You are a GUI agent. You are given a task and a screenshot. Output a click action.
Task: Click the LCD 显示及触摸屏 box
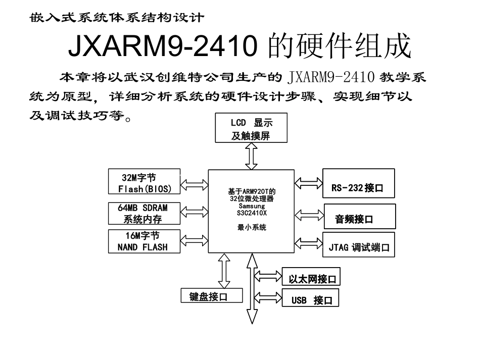251,128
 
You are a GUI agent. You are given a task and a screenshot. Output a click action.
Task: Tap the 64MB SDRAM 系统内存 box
143,213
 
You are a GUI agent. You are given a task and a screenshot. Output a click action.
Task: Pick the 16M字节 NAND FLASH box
143,241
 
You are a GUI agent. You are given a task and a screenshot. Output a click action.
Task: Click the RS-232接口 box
357,187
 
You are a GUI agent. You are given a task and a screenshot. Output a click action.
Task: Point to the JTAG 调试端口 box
358,247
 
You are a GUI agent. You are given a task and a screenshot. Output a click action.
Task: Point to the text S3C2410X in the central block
251,213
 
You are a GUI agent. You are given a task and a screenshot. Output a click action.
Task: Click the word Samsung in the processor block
251,207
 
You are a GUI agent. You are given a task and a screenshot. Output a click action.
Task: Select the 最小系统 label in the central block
251,228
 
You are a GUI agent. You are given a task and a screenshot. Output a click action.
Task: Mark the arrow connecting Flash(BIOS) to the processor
194,184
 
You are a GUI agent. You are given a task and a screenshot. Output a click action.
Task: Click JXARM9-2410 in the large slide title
160,47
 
